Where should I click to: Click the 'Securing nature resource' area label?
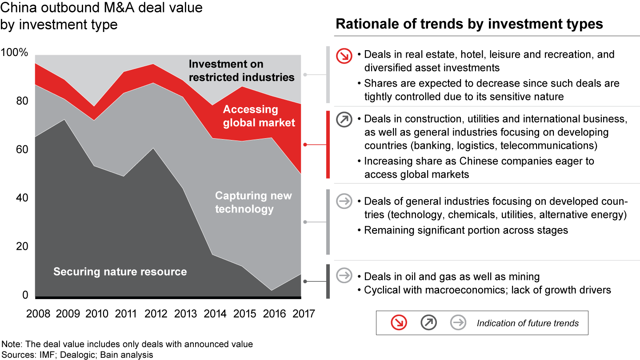coord(120,272)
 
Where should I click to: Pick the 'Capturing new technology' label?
coord(253,202)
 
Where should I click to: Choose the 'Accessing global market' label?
coord(259,116)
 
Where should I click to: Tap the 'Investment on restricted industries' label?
coord(241,71)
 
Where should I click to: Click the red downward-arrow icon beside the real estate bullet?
coord(344,55)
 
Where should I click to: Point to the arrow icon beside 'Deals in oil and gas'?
coord(344,276)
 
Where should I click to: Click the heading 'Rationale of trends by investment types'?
coord(469,24)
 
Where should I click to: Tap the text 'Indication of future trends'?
coord(528,323)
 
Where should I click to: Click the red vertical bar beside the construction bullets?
coord(328,144)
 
